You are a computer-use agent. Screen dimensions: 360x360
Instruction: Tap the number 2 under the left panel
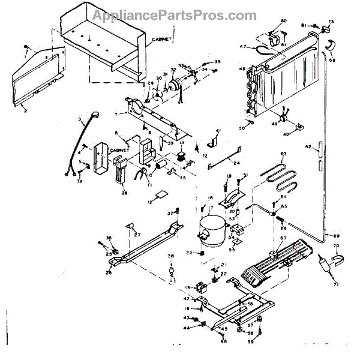[x=25, y=111]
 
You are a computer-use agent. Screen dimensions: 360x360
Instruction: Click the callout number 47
[x=243, y=47]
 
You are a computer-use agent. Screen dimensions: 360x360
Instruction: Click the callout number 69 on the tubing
[x=336, y=235]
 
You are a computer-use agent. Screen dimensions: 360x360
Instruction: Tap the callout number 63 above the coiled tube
[x=284, y=154]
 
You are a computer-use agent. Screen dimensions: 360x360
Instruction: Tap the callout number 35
[x=218, y=62]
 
